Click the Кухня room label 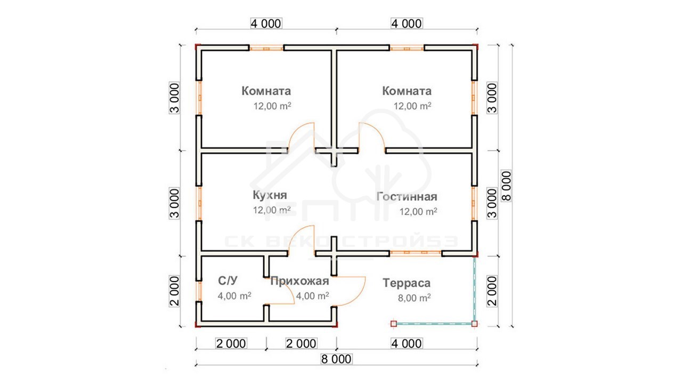270,195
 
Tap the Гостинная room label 407,197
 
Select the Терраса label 407,283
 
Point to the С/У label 228,281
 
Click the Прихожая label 300,281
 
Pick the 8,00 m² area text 415,298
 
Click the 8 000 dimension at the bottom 336,359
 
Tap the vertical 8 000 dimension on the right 506,186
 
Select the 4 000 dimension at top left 266,23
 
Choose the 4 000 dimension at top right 407,23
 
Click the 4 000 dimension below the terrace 407,343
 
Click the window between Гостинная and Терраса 416,253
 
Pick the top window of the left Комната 266,48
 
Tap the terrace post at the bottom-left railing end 394,324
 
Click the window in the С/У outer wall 199,291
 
